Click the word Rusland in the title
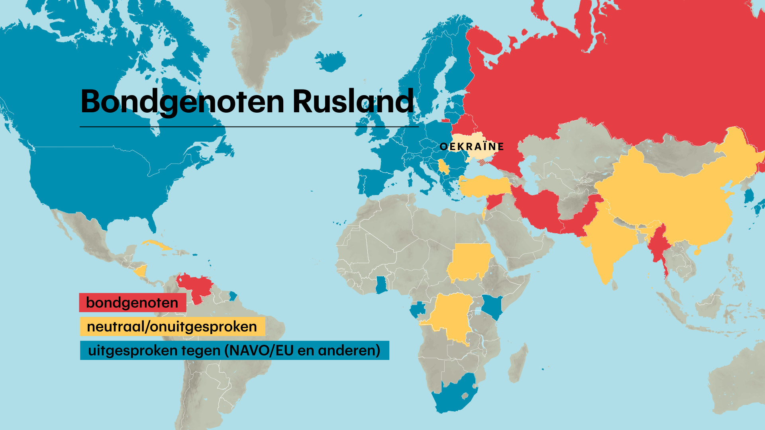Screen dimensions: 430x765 point(353,102)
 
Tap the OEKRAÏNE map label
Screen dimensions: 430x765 point(472,147)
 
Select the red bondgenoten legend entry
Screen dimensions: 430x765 point(132,303)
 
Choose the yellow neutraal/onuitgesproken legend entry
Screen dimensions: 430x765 point(172,326)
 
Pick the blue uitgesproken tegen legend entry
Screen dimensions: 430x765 point(234,350)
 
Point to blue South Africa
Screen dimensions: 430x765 point(454,396)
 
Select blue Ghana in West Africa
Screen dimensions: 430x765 point(381,285)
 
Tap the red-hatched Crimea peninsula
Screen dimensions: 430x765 point(483,162)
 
